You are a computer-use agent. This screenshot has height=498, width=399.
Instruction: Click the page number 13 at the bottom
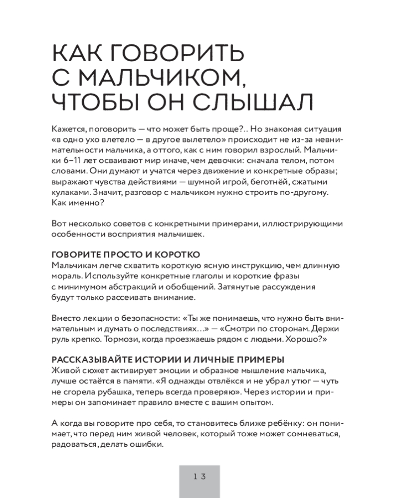pos(199,476)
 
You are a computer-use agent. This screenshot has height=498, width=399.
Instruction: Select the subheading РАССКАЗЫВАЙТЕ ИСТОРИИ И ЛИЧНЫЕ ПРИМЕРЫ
pos(168,360)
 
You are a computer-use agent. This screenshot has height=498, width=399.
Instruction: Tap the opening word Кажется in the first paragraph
pos(68,126)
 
